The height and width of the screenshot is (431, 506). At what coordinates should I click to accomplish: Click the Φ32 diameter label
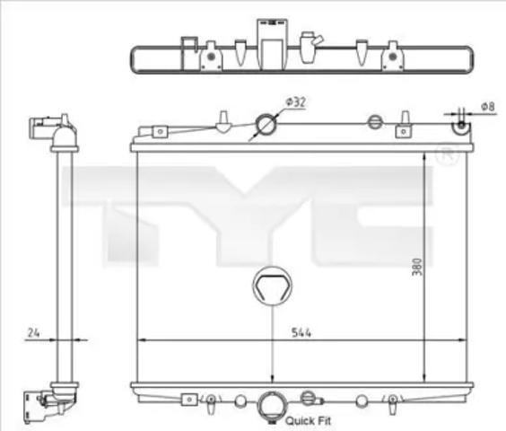pyautogui.click(x=295, y=102)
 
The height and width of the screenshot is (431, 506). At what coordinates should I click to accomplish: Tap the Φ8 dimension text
pyautogui.click(x=487, y=107)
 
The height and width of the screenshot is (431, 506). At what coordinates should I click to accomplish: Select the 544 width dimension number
pyautogui.click(x=301, y=332)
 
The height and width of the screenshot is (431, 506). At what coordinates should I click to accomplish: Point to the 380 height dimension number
pyautogui.click(x=417, y=266)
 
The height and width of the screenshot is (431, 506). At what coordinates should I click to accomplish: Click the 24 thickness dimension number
pyautogui.click(x=33, y=332)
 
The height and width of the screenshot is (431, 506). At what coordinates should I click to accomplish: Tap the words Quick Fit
pyautogui.click(x=309, y=420)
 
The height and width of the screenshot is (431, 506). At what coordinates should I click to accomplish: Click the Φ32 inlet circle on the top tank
pyautogui.click(x=266, y=125)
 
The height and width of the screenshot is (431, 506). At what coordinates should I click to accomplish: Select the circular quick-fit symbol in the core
pyautogui.click(x=273, y=286)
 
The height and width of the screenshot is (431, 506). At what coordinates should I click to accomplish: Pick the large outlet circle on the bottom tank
pyautogui.click(x=273, y=405)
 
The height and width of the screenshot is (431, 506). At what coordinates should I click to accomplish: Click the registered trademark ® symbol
pyautogui.click(x=448, y=155)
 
